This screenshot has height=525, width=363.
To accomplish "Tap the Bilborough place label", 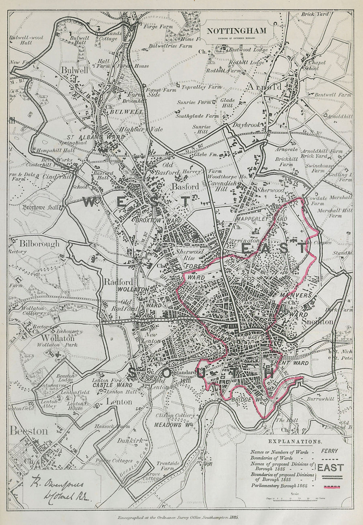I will tap(39, 243).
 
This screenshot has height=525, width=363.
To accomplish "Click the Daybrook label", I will tap(247, 124).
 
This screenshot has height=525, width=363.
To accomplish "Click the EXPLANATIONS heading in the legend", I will tap(299, 442).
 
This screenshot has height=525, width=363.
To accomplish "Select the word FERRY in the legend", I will tap(329, 451).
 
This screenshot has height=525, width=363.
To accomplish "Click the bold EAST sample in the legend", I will tap(330, 467).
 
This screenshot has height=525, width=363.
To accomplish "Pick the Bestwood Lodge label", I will tap(248, 50).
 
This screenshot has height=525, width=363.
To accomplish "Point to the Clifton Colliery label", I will tap(175, 415).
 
